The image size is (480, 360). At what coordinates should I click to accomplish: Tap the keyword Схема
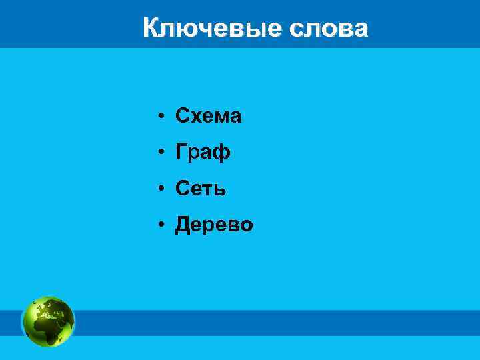pyautogui.click(x=208, y=117)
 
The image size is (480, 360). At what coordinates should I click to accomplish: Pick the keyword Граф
pyautogui.click(x=203, y=153)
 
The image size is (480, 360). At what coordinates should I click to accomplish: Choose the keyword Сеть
pyautogui.click(x=201, y=189)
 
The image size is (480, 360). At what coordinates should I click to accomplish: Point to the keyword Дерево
pyautogui.click(x=214, y=225)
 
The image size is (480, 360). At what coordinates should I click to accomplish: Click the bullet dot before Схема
pyautogui.click(x=162, y=117)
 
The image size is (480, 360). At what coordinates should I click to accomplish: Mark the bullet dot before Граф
pyautogui.click(x=162, y=153)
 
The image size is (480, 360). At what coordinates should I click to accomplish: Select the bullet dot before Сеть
pyautogui.click(x=162, y=190)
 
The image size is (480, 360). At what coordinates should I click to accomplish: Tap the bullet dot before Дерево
pyautogui.click(x=162, y=226)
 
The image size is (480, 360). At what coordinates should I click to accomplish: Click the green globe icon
pyautogui.click(x=49, y=322)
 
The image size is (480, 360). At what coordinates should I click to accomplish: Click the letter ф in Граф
pyautogui.click(x=222, y=153)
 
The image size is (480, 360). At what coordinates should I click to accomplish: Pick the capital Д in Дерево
pyautogui.click(x=183, y=226)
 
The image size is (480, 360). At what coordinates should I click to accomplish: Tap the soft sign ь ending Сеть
pyautogui.click(x=221, y=190)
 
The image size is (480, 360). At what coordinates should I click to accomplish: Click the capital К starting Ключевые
pyautogui.click(x=151, y=29)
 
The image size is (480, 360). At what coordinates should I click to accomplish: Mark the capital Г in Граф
pyautogui.click(x=181, y=153)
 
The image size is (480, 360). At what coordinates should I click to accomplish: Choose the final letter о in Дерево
pyautogui.click(x=246, y=227)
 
